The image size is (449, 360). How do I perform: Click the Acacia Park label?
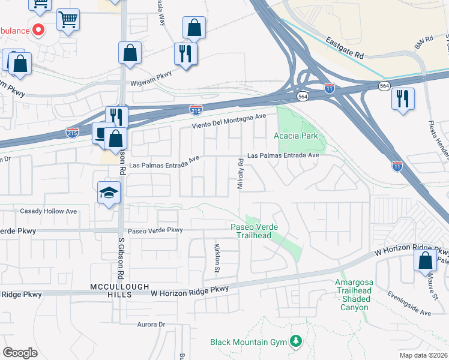(x=297, y=136)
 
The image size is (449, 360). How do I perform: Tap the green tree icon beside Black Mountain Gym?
(x=295, y=341)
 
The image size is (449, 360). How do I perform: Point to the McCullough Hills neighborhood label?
(x=119, y=287)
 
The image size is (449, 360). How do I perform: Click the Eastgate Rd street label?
(x=345, y=47)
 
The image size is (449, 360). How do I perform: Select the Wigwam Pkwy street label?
(x=155, y=74)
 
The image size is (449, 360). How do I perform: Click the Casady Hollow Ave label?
(x=49, y=211)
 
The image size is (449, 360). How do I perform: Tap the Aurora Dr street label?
(x=151, y=324)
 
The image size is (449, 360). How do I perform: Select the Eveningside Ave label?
(x=409, y=308)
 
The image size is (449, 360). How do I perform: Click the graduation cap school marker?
(x=109, y=192)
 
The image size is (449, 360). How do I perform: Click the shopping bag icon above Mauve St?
(x=425, y=260)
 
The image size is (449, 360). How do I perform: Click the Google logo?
(x=20, y=353)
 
